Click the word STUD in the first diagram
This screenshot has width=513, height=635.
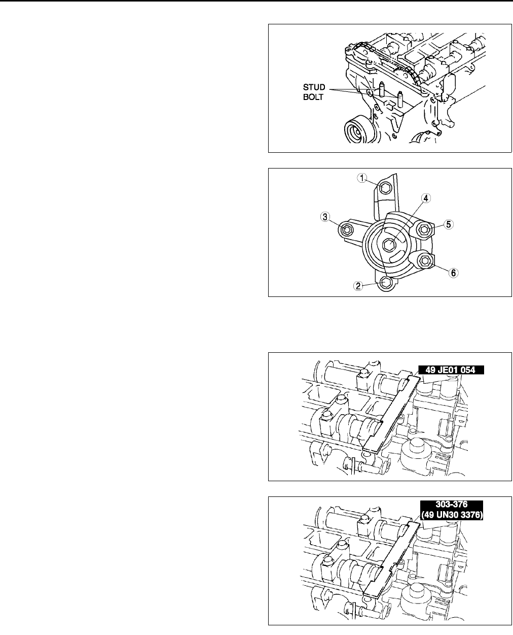click(x=314, y=87)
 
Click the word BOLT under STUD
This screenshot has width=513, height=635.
click(x=313, y=97)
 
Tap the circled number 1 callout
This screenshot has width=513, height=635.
click(x=362, y=178)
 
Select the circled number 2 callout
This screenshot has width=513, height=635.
click(x=358, y=286)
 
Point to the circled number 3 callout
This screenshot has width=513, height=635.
click(x=325, y=217)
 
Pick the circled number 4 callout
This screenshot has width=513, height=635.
click(x=426, y=198)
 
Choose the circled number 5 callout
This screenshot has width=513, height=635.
click(x=449, y=224)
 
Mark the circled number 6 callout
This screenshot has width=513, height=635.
click(x=453, y=273)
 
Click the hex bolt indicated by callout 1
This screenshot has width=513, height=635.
click(x=386, y=188)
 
